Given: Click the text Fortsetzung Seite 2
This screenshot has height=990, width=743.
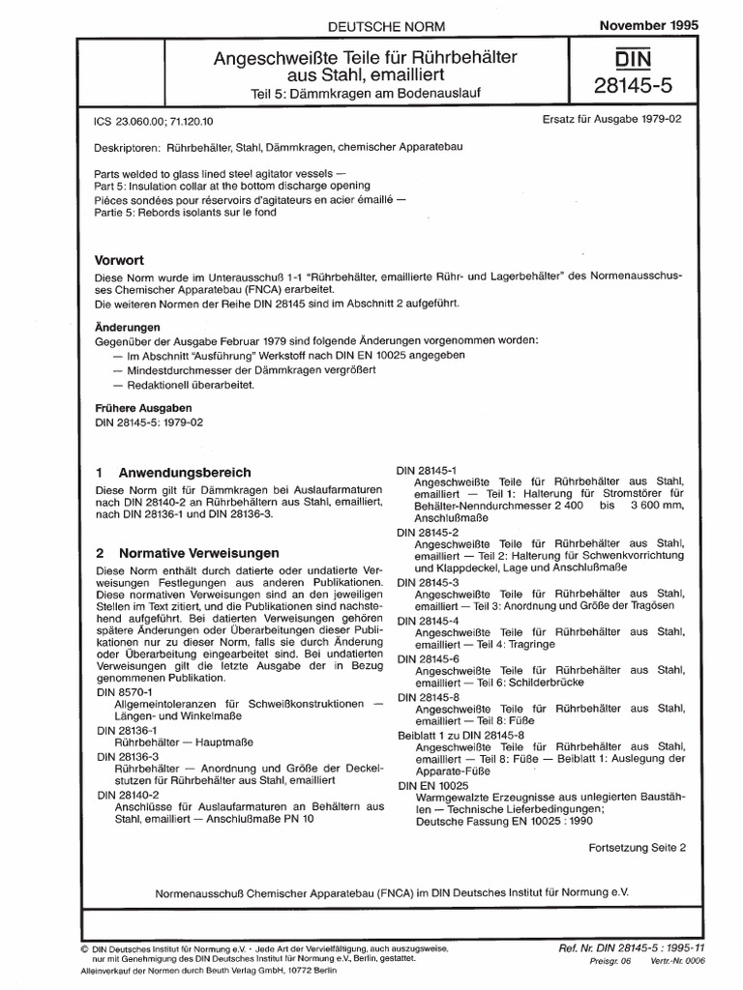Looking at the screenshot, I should [x=637, y=846].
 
